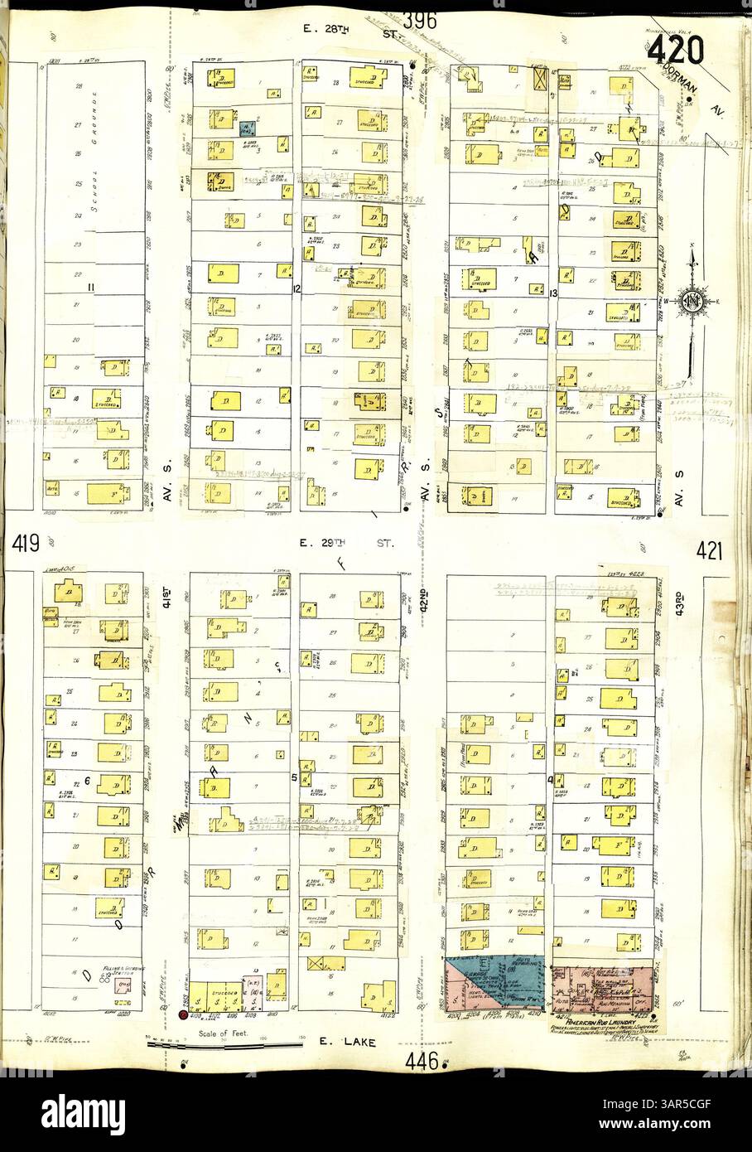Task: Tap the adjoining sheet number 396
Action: (420, 21)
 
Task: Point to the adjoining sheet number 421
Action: (711, 549)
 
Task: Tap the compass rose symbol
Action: (691, 300)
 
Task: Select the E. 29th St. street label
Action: (346, 544)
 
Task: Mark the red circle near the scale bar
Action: (181, 1015)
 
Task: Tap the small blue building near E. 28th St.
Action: (246, 128)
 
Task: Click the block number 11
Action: (93, 288)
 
